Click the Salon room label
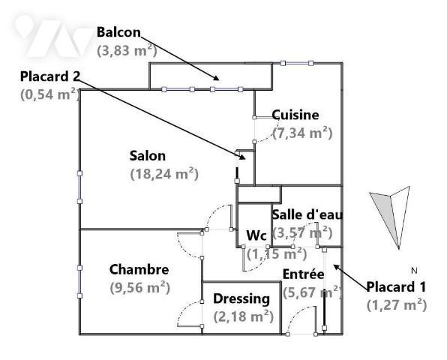(x=148, y=156)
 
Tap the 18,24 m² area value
(x=164, y=173)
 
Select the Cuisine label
(x=295, y=115)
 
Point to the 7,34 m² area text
(x=302, y=133)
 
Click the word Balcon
(x=118, y=32)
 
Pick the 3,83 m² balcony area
(x=127, y=50)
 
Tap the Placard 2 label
(x=50, y=76)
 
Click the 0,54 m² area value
(x=50, y=94)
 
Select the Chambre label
(x=139, y=269)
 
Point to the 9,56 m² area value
(x=140, y=287)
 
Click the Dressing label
(x=241, y=299)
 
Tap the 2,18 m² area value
(x=244, y=316)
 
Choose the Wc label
(x=256, y=235)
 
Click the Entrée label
(x=303, y=274)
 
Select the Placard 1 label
(x=396, y=286)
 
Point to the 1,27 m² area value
(x=397, y=305)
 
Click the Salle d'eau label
(x=307, y=214)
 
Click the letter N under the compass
(x=414, y=271)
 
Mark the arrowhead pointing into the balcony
(x=216, y=78)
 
